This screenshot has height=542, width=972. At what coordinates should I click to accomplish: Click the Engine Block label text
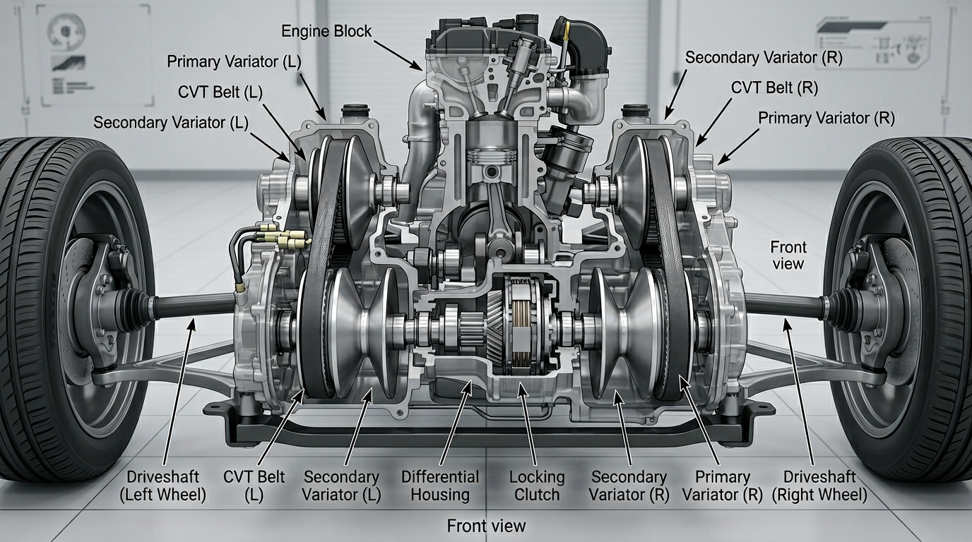point(326,31)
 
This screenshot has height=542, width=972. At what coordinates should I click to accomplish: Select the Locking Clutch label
point(537,486)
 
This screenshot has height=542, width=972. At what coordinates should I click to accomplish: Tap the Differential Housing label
point(440,486)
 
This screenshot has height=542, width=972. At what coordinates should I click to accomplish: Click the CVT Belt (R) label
point(774,88)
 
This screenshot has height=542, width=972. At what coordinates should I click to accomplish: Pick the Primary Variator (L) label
point(234,61)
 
